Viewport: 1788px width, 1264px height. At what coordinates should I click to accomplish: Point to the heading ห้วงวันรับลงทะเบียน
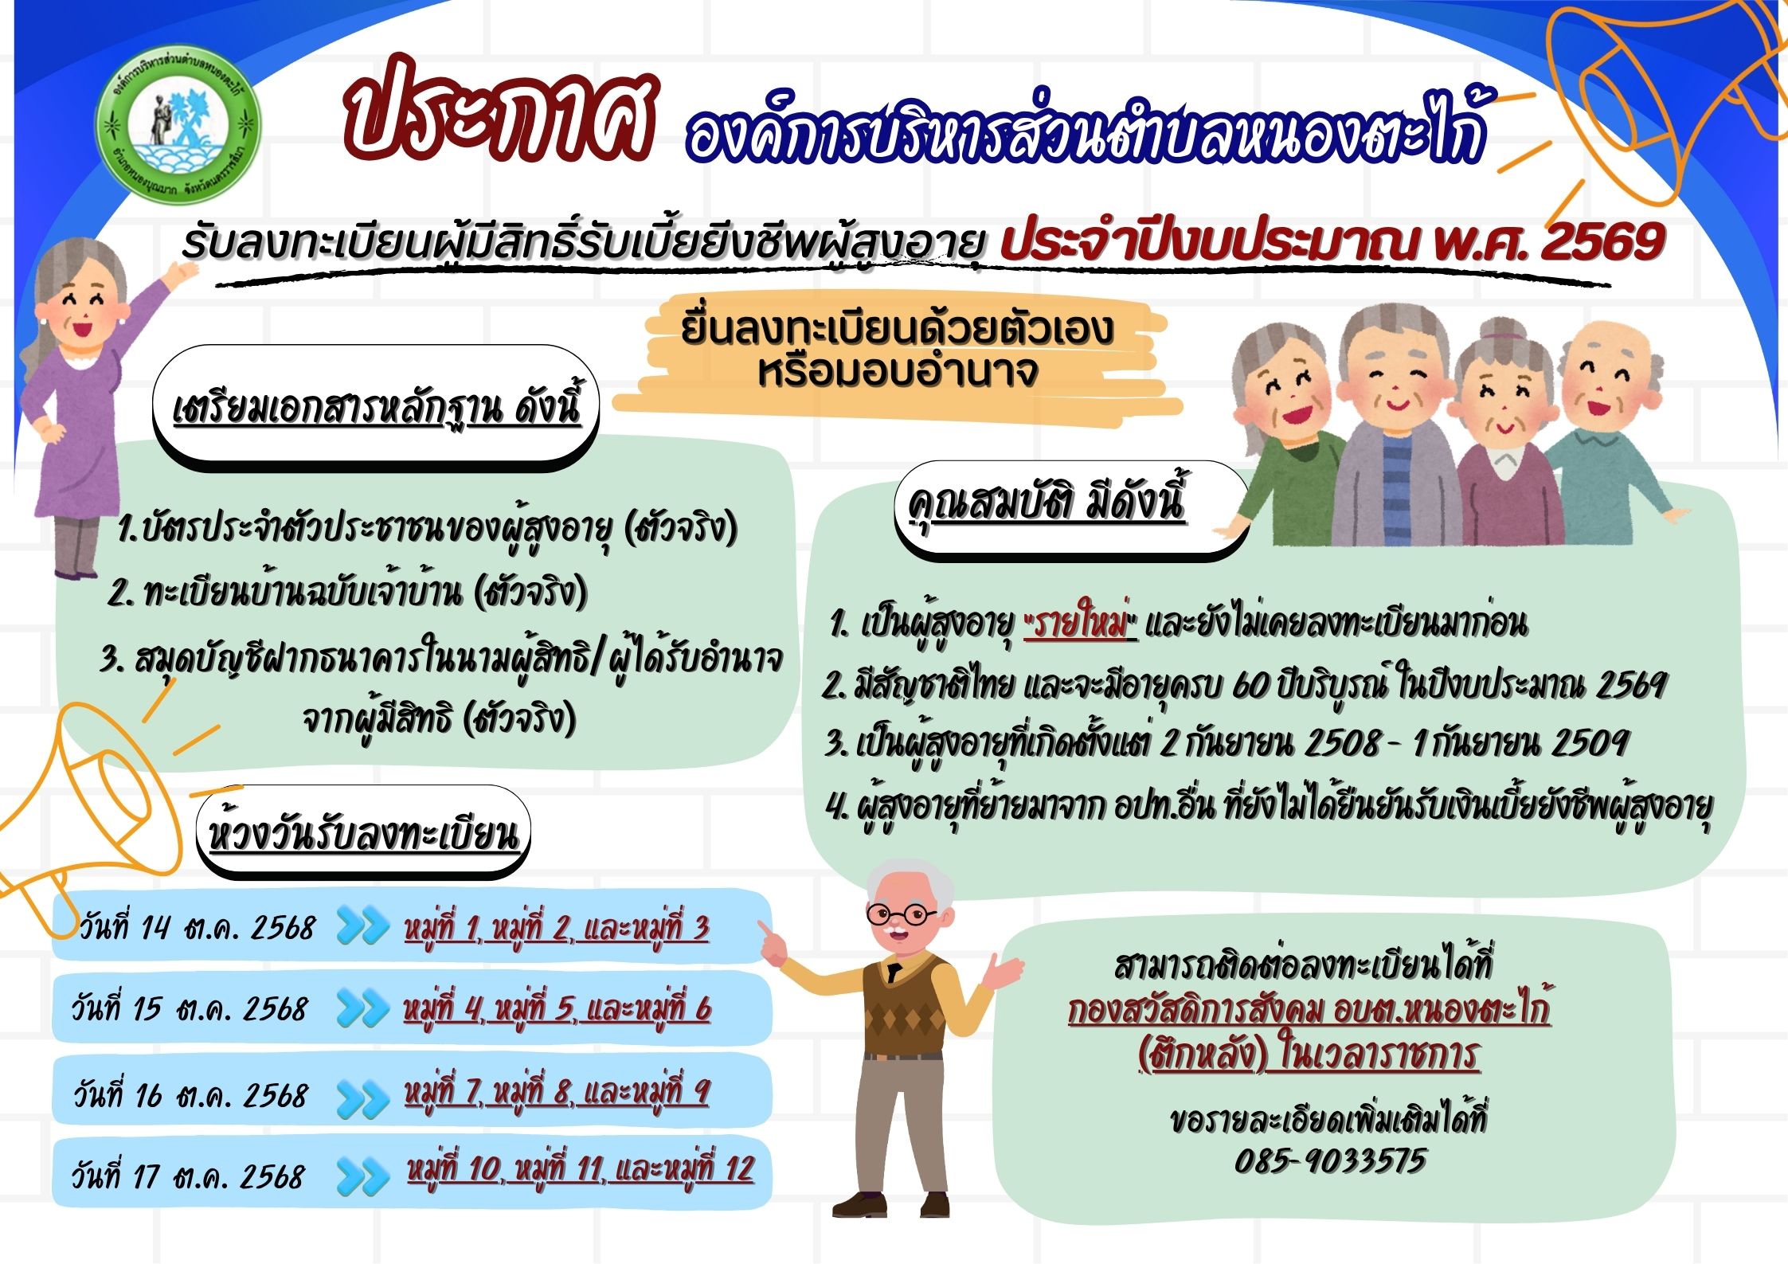coord(363,832)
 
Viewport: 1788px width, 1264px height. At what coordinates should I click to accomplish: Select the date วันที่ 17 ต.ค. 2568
coord(188,1176)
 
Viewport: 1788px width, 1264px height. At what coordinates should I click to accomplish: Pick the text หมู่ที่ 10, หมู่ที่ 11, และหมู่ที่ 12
coord(581,1171)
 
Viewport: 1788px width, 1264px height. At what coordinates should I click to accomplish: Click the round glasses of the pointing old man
coord(902,914)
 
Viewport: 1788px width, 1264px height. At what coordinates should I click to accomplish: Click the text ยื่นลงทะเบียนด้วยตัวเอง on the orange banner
coord(897,330)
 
